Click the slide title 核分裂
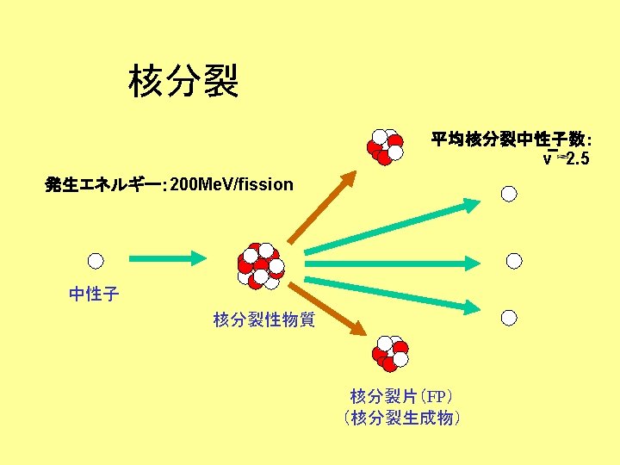[183, 82]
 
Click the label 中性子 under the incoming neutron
[94, 294]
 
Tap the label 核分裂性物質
[264, 320]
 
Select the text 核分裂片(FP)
[401, 396]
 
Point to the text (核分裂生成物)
[401, 418]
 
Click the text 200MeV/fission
[232, 184]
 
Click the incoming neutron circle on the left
[96, 260]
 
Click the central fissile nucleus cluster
[260, 265]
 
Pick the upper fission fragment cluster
[385, 146]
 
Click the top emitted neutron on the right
[509, 194]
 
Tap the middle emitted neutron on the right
[514, 260]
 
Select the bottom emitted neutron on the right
[509, 319]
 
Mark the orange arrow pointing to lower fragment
[335, 312]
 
